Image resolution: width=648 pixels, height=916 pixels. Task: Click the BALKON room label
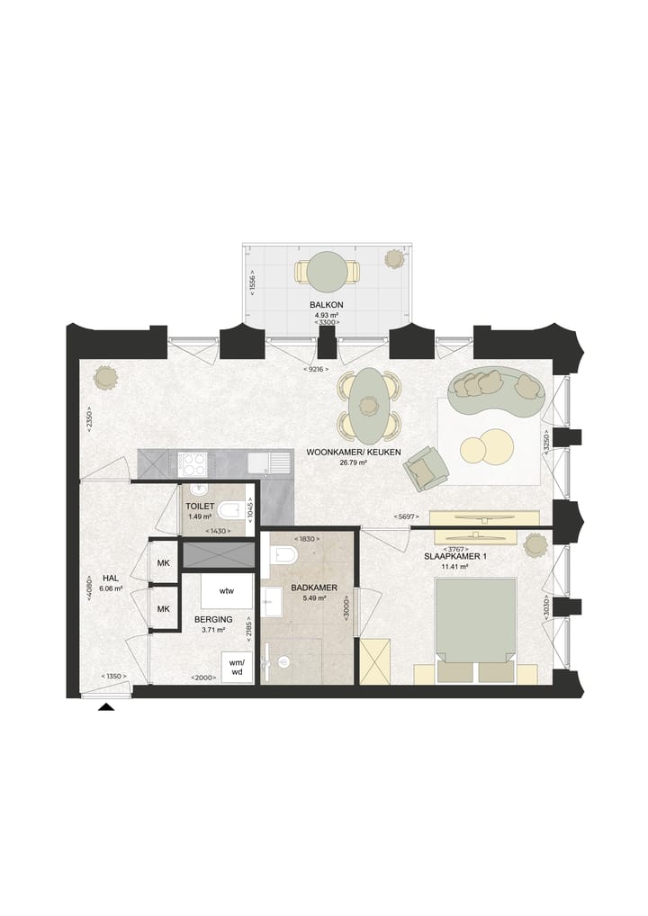327,305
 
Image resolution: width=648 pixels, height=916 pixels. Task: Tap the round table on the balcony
328,271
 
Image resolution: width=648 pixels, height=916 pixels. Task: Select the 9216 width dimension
316,369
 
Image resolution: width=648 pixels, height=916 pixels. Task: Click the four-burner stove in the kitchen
192,464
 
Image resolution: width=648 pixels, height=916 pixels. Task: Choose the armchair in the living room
425,468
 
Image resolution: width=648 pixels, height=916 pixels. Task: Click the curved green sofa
497,391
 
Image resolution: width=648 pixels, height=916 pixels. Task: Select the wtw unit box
227,590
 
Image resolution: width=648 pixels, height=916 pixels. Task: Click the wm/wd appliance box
237,667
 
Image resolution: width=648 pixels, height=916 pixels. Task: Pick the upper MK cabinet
164,562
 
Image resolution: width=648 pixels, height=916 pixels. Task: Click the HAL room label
111,579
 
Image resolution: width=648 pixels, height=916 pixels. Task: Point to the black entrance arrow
106,707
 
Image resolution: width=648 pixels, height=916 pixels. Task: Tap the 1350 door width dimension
114,677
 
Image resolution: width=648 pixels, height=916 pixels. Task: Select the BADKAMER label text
314,588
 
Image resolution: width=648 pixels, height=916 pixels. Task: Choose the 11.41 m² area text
455,566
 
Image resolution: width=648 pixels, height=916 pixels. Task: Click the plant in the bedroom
535,546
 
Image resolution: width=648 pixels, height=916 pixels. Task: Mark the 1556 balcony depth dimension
252,279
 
